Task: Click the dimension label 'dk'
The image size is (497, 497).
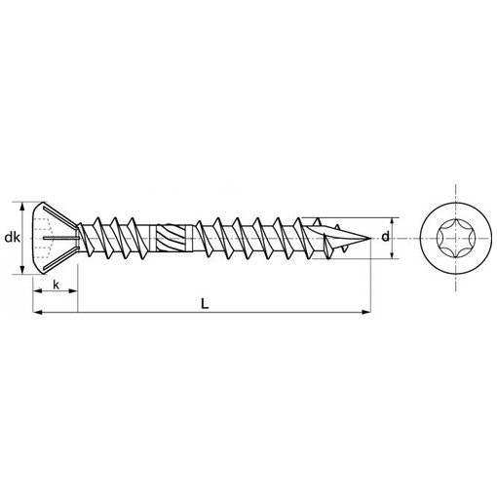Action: click(13, 238)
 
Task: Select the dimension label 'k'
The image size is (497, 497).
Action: click(57, 285)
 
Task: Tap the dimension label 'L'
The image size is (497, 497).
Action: click(205, 304)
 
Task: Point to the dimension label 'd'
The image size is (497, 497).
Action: click(385, 237)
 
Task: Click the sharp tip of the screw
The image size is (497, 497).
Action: click(371, 239)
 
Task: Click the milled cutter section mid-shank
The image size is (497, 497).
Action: click(171, 238)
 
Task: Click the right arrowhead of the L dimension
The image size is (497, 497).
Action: click(366, 312)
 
